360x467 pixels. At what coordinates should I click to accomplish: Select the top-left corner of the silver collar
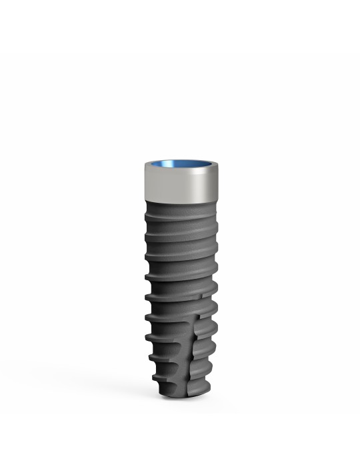click(145, 164)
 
